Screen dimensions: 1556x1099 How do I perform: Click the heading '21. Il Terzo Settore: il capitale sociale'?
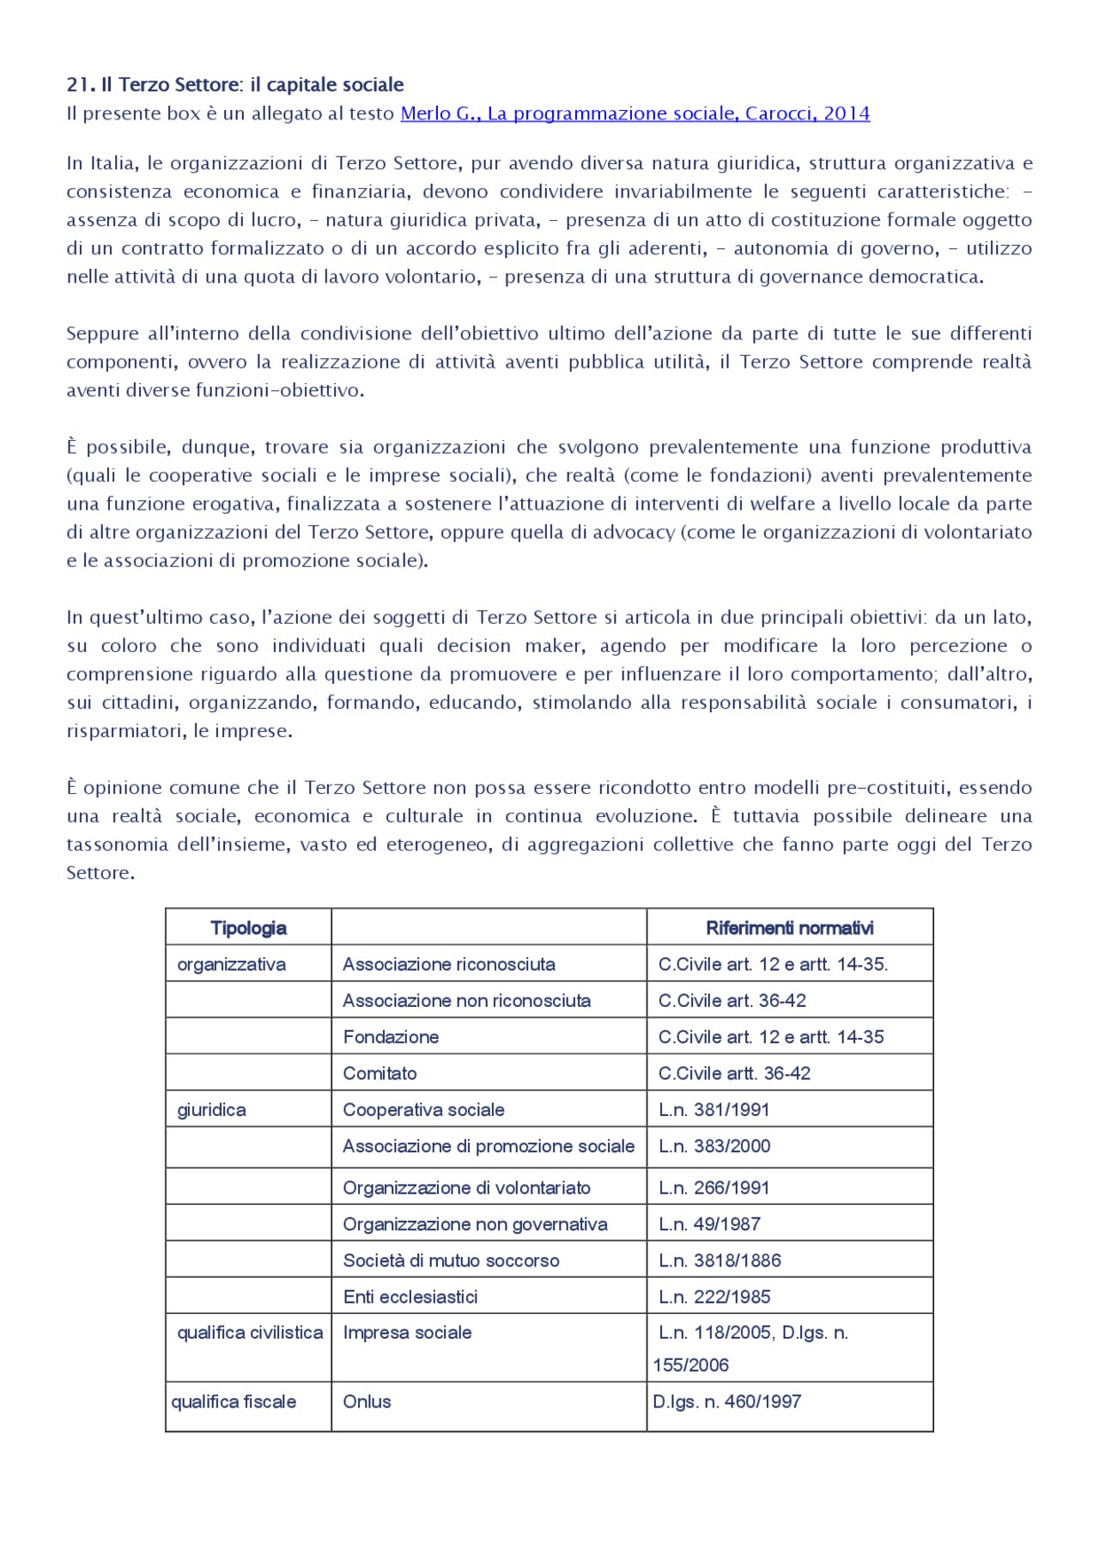pyautogui.click(x=235, y=84)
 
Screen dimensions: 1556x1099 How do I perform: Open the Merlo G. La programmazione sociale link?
pyautogui.click(x=635, y=113)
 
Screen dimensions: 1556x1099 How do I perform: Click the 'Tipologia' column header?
pyautogui.click(x=248, y=928)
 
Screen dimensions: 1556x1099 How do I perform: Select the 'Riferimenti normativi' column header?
pyautogui.click(x=789, y=928)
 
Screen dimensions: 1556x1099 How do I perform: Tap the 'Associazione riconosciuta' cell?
pyautogui.click(x=448, y=964)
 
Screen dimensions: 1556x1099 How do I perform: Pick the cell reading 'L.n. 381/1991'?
pyautogui.click(x=713, y=1109)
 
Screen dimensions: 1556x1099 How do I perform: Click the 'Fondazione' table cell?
pyautogui.click(x=391, y=1037)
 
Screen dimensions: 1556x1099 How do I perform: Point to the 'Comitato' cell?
pyautogui.click(x=379, y=1073)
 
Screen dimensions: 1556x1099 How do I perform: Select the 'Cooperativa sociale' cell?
pyautogui.click(x=423, y=1109)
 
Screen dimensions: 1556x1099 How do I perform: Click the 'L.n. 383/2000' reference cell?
pyautogui.click(x=714, y=1146)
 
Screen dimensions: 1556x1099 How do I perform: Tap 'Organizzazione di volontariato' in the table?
pyautogui.click(x=466, y=1187)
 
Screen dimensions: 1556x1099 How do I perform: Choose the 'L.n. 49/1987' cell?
pyautogui.click(x=709, y=1224)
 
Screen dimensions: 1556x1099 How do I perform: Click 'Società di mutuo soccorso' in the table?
pyautogui.click(x=451, y=1260)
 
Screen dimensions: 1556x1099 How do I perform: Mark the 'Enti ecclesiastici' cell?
pyautogui.click(x=410, y=1297)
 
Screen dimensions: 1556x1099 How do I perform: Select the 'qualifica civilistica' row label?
pyautogui.click(x=250, y=1333)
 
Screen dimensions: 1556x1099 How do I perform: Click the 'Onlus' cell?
pyautogui.click(x=367, y=1401)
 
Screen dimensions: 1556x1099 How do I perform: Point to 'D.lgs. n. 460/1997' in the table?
pyautogui.click(x=726, y=1401)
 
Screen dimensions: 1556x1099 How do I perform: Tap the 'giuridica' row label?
pyautogui.click(x=211, y=1109)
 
